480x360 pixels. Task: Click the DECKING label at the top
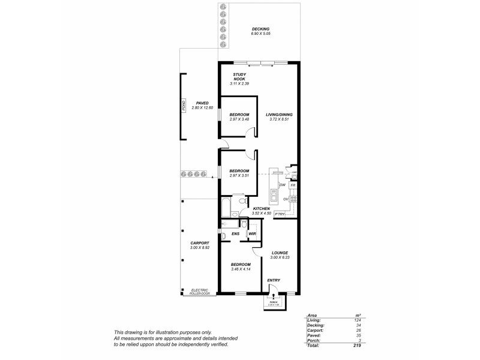[x=260, y=29]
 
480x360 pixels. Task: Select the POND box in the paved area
[x=184, y=106]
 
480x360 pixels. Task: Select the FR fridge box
[x=293, y=185]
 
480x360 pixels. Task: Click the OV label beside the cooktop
[x=286, y=197]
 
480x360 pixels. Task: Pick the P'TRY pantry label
[x=280, y=213]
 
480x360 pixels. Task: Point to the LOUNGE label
[x=280, y=253]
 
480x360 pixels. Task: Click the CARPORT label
[x=199, y=243]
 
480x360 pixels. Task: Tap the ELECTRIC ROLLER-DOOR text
[x=200, y=292]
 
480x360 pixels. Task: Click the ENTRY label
[x=274, y=280]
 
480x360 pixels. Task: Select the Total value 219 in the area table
[x=356, y=346]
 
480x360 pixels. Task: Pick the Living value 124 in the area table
[x=356, y=320]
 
